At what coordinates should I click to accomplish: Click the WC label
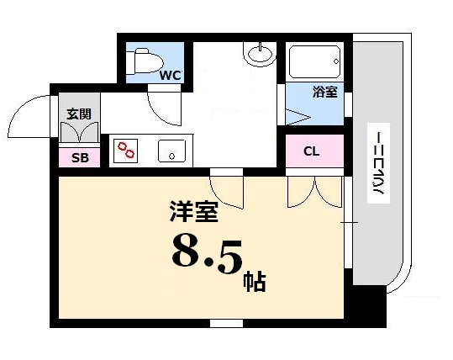pyautogui.click(x=171, y=76)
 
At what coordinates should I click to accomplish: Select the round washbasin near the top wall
pyautogui.click(x=260, y=55)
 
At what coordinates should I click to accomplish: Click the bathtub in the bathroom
pyautogui.click(x=314, y=61)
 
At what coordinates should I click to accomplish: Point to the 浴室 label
pyautogui.click(x=325, y=93)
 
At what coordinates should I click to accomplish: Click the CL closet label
pyautogui.click(x=312, y=151)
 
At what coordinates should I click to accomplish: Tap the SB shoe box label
pyautogui.click(x=79, y=157)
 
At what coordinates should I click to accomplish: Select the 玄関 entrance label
pyautogui.click(x=79, y=114)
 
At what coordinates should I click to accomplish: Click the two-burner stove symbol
pyautogui.click(x=127, y=151)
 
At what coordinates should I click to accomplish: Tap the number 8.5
pyautogui.click(x=205, y=253)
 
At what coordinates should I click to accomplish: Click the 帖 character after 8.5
pyautogui.click(x=255, y=279)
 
